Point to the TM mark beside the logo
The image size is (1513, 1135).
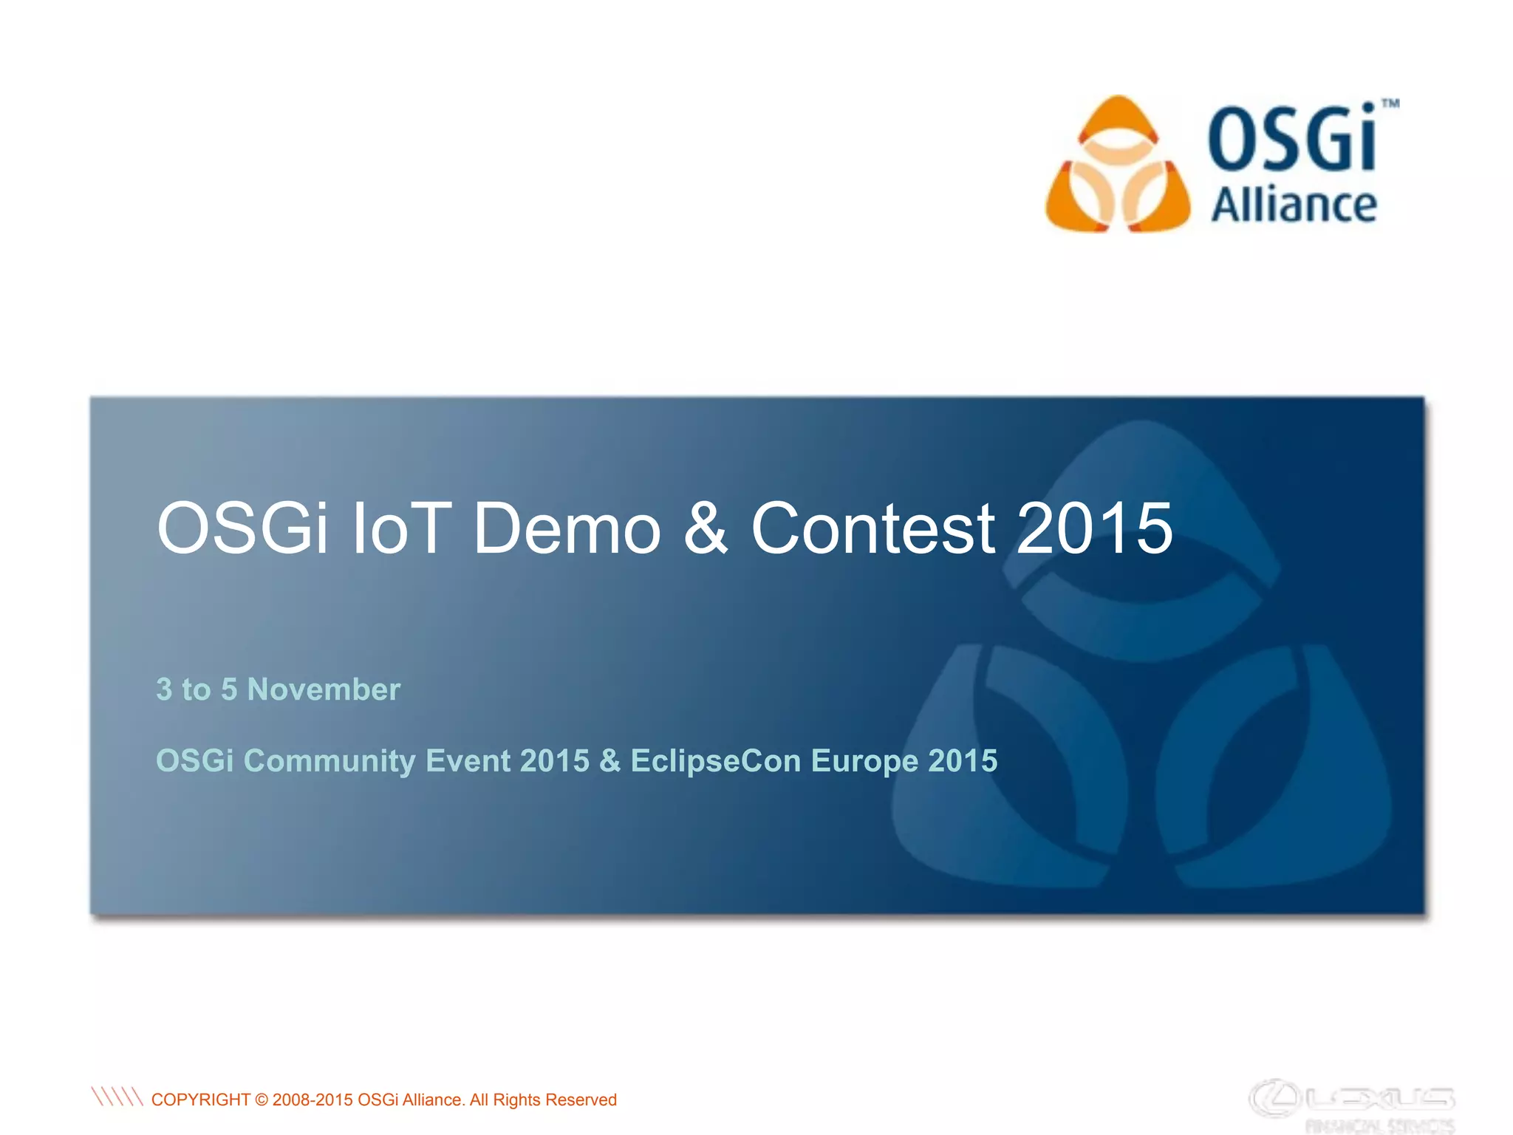[1390, 104]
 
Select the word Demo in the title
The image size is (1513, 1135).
[567, 528]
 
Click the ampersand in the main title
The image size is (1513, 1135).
[706, 528]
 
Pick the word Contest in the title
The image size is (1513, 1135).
[872, 528]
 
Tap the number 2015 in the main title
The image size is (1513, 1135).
[1094, 528]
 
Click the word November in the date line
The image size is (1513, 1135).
[324, 689]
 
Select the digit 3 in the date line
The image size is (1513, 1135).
[164, 689]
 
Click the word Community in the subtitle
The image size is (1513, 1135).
[329, 761]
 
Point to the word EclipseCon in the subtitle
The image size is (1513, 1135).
[715, 761]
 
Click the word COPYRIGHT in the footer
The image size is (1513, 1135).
[200, 1100]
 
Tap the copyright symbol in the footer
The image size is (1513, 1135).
[262, 1100]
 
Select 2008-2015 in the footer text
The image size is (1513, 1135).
[312, 1100]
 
